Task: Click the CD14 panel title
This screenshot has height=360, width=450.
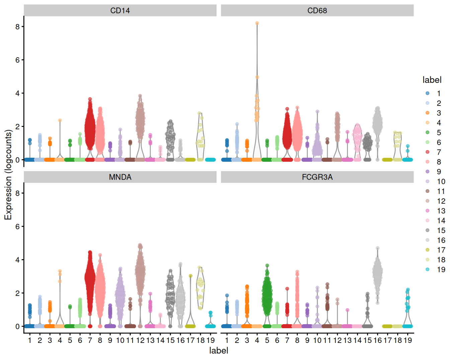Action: tap(120, 10)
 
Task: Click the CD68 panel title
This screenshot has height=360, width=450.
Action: tap(317, 10)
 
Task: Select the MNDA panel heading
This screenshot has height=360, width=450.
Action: tap(120, 177)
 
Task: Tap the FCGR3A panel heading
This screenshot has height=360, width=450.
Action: tap(317, 177)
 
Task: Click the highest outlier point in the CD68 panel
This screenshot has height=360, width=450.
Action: tap(257, 23)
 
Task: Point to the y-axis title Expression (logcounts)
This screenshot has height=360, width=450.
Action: tap(8, 175)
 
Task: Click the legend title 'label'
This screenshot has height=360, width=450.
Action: tap(432, 80)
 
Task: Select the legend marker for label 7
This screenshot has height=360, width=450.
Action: tap(428, 152)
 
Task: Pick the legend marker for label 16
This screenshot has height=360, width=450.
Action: tap(428, 240)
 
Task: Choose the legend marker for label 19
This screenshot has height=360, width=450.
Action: tap(428, 270)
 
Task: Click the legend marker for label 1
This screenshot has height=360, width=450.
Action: tap(428, 93)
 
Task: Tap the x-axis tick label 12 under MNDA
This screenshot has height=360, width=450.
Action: tap(140, 340)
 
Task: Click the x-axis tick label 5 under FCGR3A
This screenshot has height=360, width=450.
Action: tap(267, 340)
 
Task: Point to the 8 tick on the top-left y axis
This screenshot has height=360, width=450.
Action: tap(17, 26)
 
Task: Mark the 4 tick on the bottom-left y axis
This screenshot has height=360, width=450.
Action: tap(17, 260)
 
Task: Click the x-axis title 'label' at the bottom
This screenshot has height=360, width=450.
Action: tap(219, 350)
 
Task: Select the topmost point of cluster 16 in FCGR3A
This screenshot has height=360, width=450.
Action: tap(378, 248)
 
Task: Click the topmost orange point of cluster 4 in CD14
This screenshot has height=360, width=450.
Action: tap(60, 120)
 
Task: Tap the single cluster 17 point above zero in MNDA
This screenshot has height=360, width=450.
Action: tap(191, 276)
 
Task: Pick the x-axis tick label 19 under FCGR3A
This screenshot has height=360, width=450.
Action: tap(407, 340)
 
